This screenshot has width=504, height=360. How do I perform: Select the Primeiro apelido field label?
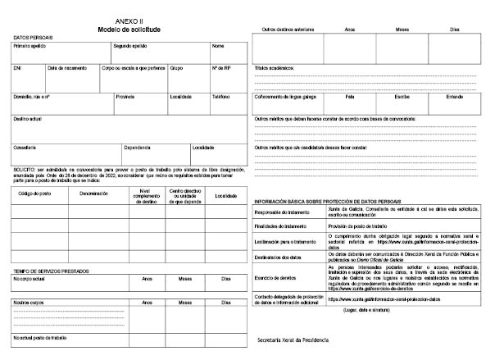click(29, 46)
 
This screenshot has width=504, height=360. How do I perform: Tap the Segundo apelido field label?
click(129, 46)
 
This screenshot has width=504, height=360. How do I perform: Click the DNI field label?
click(17, 67)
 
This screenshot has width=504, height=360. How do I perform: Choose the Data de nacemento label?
click(67, 67)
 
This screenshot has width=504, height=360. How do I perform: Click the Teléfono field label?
click(221, 96)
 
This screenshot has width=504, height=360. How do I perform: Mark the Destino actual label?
click(28, 118)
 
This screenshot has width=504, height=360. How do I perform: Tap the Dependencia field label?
click(137, 147)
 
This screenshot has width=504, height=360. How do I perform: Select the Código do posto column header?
click(34, 194)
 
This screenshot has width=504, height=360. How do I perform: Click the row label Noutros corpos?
click(28, 302)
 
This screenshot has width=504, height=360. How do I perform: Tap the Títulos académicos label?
click(275, 66)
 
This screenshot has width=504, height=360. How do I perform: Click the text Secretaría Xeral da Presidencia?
click(293, 339)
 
